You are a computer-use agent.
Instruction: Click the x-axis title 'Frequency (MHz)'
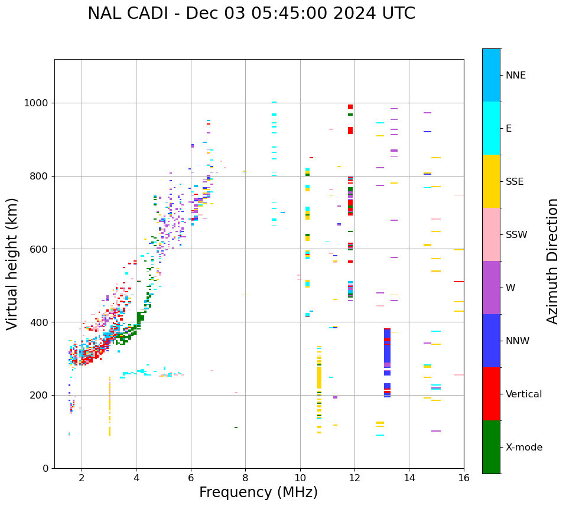pos(258,492)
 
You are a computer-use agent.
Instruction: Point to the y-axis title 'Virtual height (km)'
pos(12,264)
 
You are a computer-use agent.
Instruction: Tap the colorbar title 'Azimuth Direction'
pos(552,261)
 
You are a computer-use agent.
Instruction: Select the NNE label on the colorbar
pos(515,76)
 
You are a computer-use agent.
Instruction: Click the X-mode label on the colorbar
pos(523,448)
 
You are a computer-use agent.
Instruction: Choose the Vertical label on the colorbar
pos(523,394)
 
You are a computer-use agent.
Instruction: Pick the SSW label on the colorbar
pos(516,235)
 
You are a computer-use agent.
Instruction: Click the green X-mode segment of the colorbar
pos(491,447)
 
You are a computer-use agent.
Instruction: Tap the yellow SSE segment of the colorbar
pos(491,181)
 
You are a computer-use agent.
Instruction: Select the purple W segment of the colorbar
pos(491,288)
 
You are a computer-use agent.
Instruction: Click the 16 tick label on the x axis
pos(464,478)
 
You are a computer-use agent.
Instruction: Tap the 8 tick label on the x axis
pos(245,478)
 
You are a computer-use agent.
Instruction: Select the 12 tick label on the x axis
pos(354,478)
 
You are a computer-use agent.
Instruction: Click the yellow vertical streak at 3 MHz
pos(109,407)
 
